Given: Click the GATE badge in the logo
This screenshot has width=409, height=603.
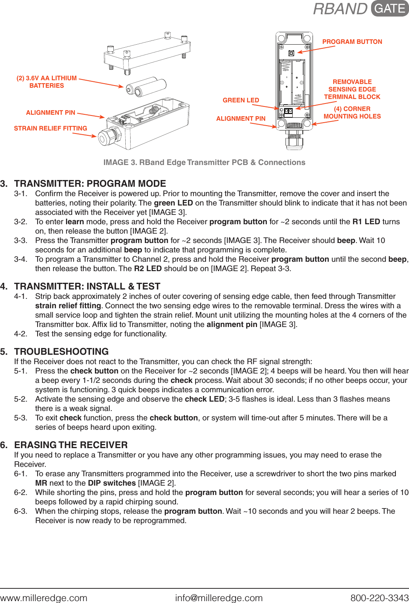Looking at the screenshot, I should [x=389, y=9].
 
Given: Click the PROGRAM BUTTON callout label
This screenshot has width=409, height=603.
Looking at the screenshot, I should [x=352, y=42].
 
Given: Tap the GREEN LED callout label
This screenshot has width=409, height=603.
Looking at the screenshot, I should [x=241, y=100].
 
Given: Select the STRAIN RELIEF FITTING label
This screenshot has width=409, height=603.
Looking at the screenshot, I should [x=50, y=128].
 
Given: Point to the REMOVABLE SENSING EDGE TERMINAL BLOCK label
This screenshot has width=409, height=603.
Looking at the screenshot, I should [x=352, y=89].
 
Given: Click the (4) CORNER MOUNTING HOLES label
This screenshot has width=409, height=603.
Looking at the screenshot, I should [x=352, y=112].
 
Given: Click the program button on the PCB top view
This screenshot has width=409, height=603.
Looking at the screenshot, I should [x=291, y=53].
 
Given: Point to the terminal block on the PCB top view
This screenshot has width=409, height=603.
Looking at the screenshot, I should [x=288, y=112].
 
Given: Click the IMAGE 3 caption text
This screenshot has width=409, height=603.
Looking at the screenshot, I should [x=204, y=162].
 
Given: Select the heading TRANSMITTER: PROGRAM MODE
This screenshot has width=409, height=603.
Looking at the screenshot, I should [x=90, y=183].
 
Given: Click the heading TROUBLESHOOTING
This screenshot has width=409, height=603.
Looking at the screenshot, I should [x=61, y=351].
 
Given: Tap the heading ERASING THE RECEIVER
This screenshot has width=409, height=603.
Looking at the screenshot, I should [x=71, y=445].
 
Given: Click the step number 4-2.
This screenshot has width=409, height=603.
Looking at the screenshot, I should [x=21, y=334].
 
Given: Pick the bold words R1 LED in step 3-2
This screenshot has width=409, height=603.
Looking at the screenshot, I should [x=366, y=222].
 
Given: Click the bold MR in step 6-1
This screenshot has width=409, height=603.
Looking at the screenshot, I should [x=41, y=483].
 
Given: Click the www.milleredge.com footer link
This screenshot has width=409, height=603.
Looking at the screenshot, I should [x=44, y=598].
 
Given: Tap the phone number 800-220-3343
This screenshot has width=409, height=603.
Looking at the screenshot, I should [x=379, y=598].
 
